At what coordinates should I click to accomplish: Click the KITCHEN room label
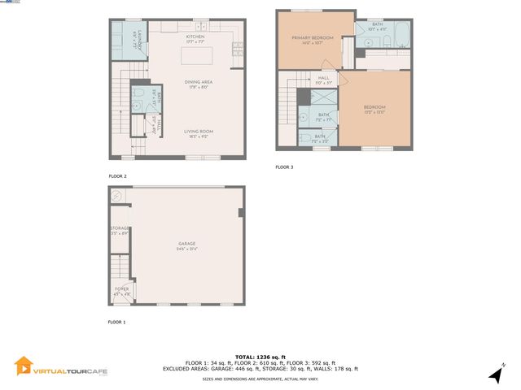195,37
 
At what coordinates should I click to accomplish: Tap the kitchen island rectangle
195,57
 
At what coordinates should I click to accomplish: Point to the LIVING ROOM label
198,131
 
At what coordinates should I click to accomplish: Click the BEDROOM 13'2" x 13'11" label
374,107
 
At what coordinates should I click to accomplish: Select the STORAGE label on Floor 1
120,232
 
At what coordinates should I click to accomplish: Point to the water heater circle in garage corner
117,195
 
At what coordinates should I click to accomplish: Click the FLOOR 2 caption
117,175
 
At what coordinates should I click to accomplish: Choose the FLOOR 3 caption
284,167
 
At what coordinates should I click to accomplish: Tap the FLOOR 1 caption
117,322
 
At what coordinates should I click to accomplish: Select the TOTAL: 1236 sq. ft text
260,357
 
